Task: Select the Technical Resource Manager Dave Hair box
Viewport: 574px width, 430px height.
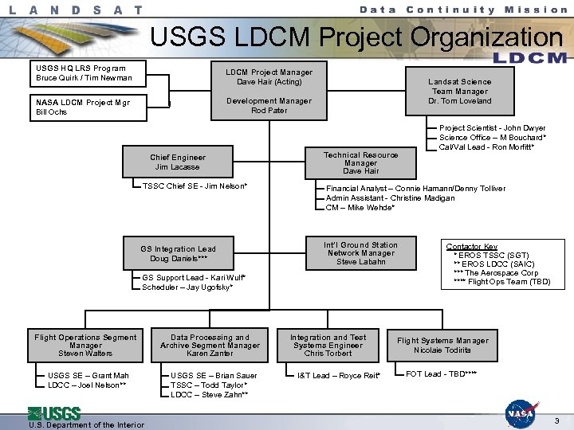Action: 360,162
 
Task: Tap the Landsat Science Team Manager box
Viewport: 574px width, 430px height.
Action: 459,91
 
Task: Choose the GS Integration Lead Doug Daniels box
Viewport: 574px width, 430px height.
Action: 179,253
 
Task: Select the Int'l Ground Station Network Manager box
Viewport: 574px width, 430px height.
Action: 360,253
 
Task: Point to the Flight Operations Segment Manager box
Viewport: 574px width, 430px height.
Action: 85,345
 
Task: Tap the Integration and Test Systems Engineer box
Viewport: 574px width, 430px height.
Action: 328,345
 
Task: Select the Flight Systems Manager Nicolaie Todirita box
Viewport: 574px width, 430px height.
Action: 442,345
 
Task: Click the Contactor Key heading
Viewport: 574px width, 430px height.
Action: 471,247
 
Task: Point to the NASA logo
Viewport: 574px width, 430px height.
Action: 521,412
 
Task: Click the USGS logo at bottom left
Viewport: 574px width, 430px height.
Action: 54,413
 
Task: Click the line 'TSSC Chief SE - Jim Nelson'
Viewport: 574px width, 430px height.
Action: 195,186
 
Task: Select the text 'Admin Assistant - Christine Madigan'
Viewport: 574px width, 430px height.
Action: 390,197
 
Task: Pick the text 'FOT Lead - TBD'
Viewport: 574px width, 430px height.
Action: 441,373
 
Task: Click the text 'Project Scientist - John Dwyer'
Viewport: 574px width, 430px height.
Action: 492,127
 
